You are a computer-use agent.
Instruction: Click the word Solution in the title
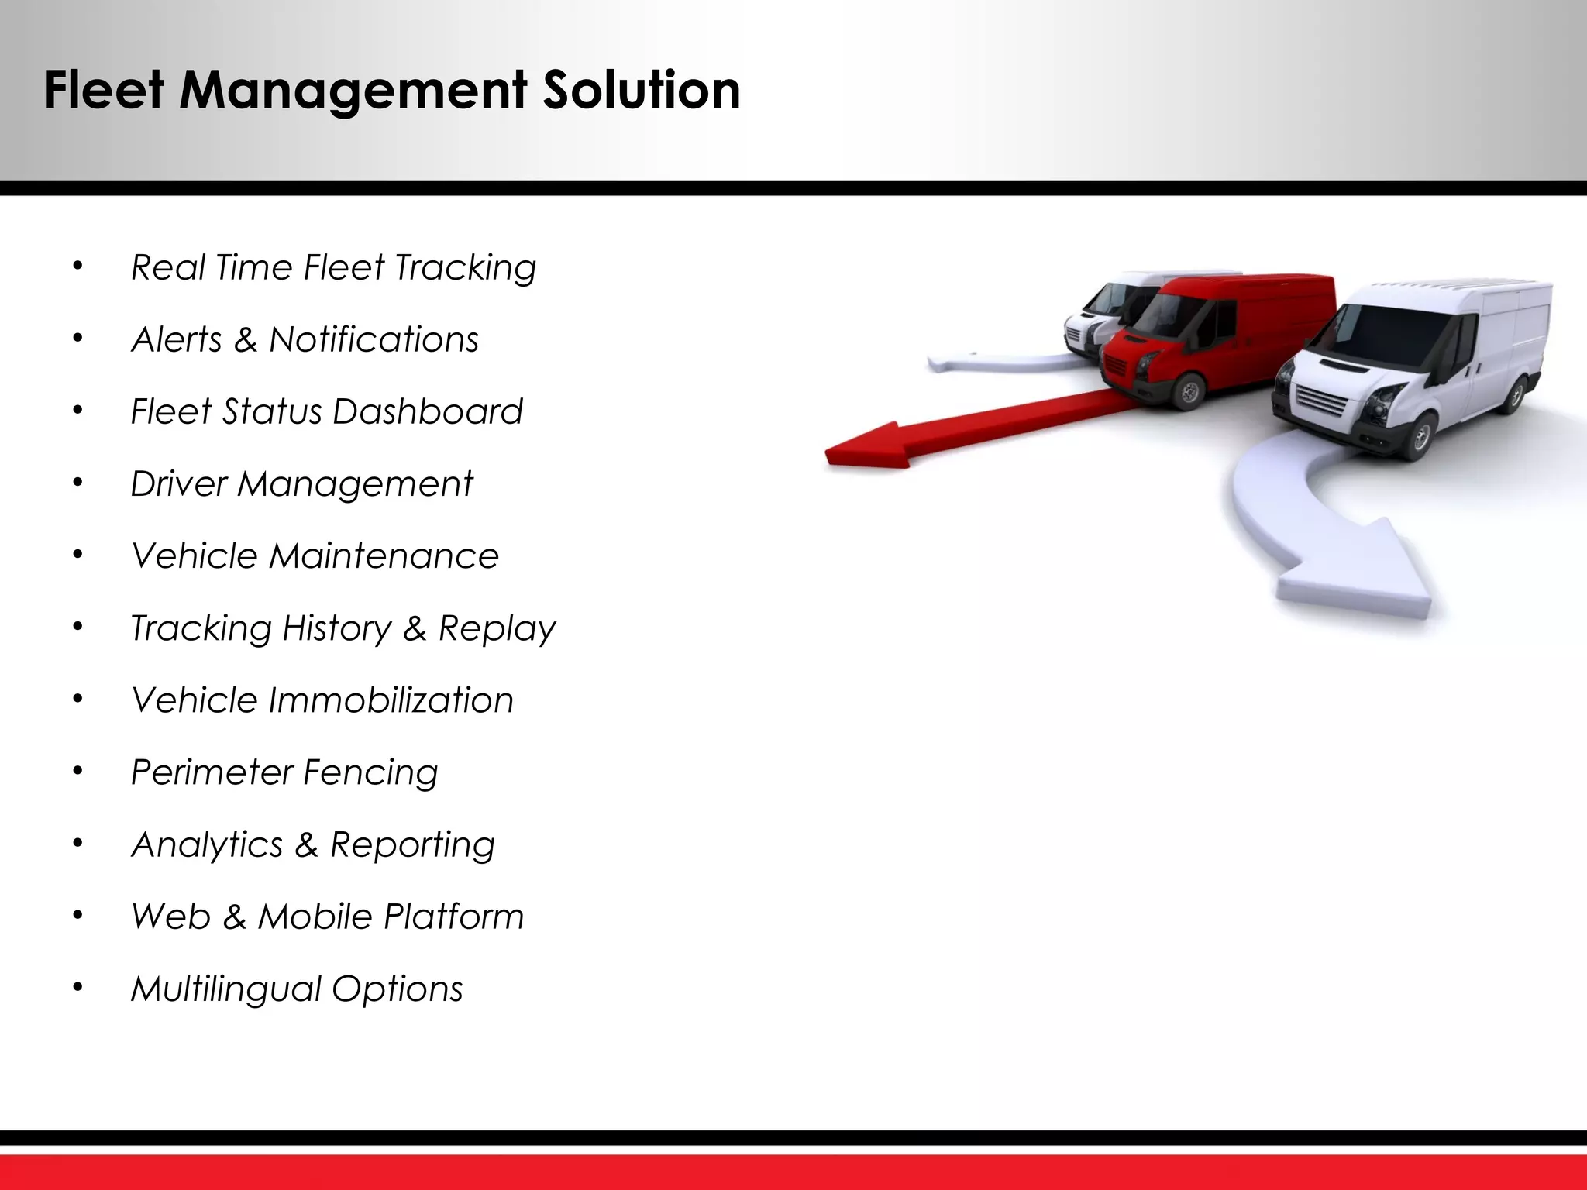click(641, 90)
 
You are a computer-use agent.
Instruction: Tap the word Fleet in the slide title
click(104, 90)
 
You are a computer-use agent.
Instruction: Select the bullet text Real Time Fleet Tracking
click(333, 268)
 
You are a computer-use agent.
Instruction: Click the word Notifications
click(374, 339)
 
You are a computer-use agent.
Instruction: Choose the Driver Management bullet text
click(301, 484)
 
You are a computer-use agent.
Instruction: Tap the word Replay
click(497, 628)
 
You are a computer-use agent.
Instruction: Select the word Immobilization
click(391, 700)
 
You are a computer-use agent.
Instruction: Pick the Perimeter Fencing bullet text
click(284, 772)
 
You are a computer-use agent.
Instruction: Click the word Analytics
click(207, 844)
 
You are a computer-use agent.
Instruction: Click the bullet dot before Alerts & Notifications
click(77, 339)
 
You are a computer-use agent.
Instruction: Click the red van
click(1217, 333)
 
